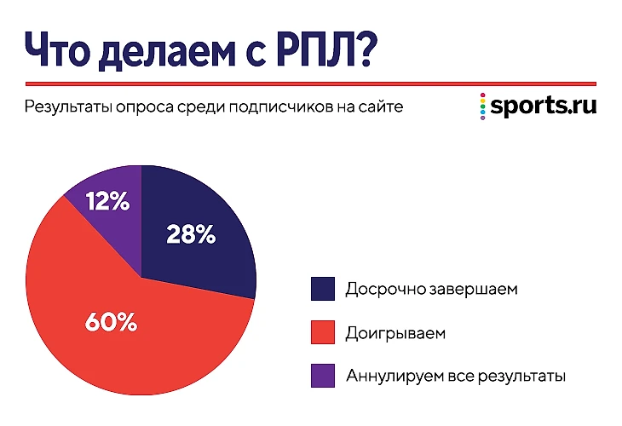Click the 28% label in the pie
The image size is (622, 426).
tap(191, 234)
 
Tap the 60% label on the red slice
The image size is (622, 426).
tap(112, 322)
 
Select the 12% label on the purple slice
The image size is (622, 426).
tap(107, 202)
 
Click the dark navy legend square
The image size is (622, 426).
tap(323, 289)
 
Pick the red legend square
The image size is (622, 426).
tap(323, 332)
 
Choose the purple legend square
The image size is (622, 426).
tap(323, 375)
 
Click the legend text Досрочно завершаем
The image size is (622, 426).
tap(431, 289)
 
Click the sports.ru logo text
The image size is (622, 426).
tap(543, 106)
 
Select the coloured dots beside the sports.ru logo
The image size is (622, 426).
tap(483, 106)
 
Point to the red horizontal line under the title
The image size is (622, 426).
tap(311, 83)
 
